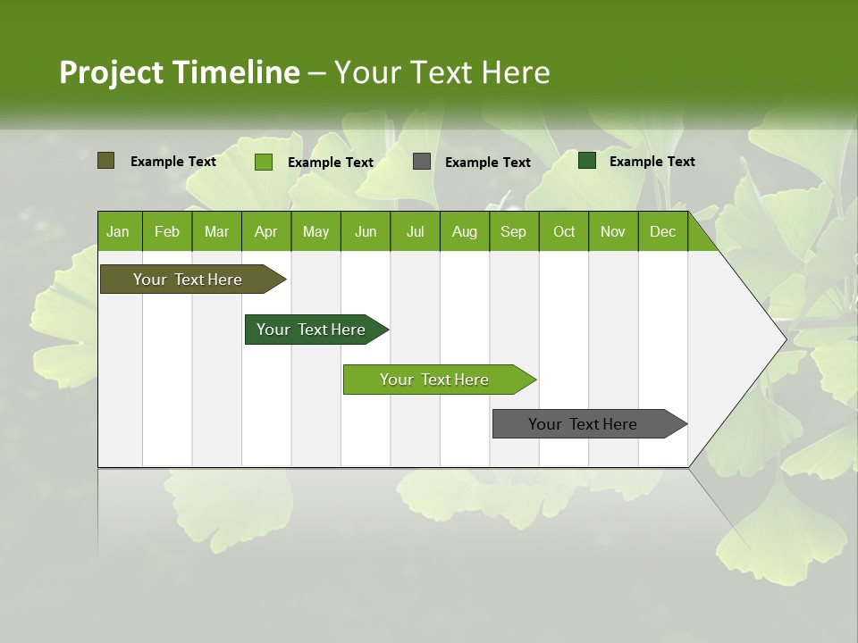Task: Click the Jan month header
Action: [119, 231]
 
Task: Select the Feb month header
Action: [167, 231]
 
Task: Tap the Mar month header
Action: [216, 231]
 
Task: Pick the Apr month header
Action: [266, 231]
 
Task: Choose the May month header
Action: [315, 231]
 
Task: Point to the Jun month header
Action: [366, 231]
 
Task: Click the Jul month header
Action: [415, 231]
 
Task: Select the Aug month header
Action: [465, 231]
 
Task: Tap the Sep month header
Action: [514, 231]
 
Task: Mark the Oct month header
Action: [564, 231]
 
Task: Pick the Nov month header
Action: [613, 231]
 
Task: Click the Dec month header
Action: [663, 231]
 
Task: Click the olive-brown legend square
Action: [105, 161]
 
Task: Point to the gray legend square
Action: [422, 161]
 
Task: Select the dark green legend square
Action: [587, 161]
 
